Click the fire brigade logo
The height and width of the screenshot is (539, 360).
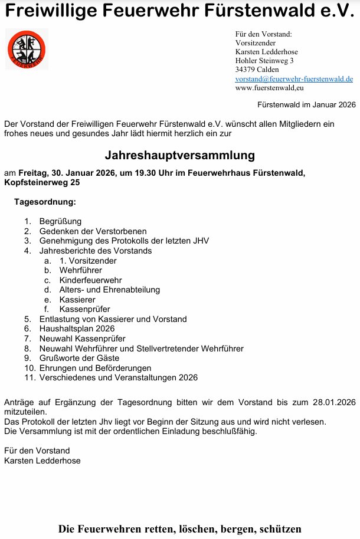coord(27,50)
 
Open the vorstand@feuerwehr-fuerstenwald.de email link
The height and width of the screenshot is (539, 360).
coord(294,78)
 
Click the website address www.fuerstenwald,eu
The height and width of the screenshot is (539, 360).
coord(269,88)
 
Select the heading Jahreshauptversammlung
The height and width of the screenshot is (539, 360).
coord(179,156)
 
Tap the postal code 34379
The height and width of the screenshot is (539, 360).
coord(245,70)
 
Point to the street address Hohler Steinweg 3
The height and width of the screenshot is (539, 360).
coord(264,60)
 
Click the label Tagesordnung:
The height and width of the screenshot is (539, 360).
coord(45,202)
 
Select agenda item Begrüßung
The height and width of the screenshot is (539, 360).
coord(60,222)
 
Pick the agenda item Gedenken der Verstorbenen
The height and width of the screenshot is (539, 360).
coord(93,231)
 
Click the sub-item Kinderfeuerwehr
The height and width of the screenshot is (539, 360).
coord(90,280)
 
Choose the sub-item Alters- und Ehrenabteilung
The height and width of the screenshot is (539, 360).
coord(109,290)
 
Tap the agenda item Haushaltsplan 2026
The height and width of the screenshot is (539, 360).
coord(77,328)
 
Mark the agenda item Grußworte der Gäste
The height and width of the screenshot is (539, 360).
coord(79,358)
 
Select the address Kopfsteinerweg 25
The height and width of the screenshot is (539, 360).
coord(41,182)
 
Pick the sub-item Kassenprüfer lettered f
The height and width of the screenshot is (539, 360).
coord(84,309)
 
